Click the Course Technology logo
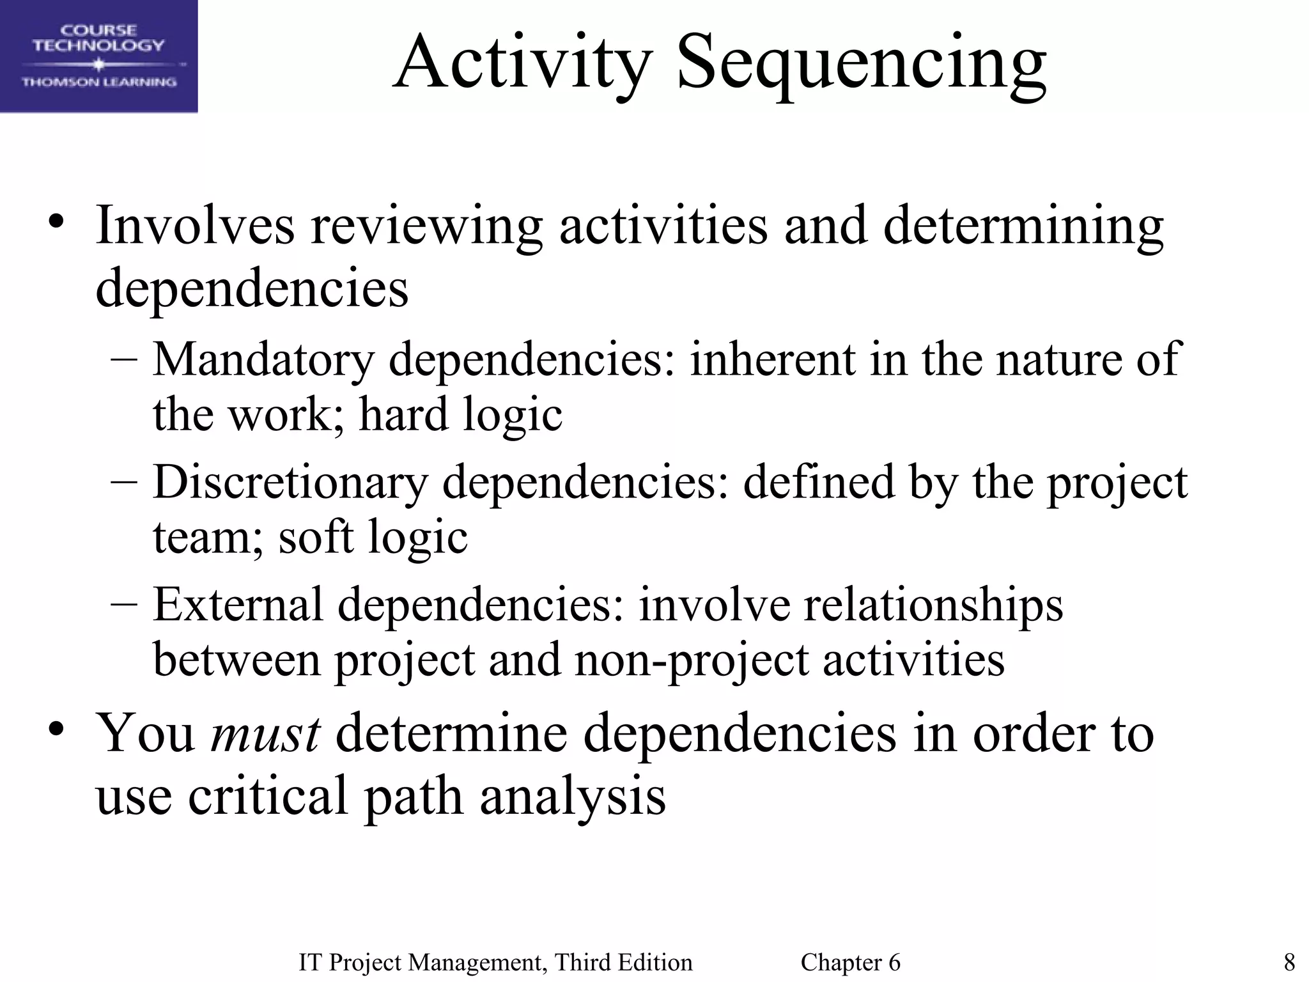(x=98, y=56)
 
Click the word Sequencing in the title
(x=861, y=64)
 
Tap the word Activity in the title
(x=522, y=64)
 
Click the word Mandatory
(x=263, y=360)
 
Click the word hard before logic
(x=403, y=414)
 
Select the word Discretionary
(x=290, y=483)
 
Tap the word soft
(x=316, y=537)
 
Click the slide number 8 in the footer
(x=1289, y=962)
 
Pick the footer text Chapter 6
(x=850, y=962)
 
